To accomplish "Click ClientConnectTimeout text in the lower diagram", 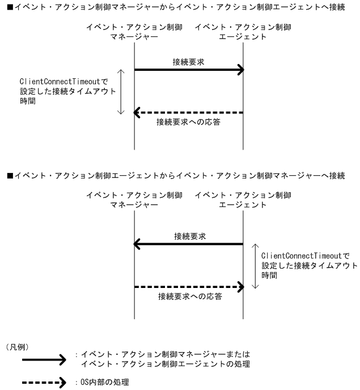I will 306,256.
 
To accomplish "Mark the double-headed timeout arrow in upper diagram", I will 120,91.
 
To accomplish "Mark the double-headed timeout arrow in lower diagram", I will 256,266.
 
